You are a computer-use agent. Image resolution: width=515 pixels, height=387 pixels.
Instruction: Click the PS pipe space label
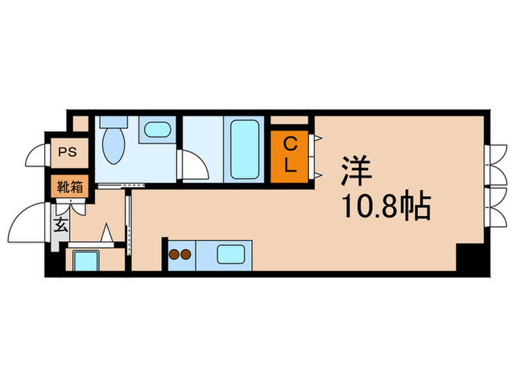click(68, 153)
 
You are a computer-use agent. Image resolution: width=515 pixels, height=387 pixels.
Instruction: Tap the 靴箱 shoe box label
click(68, 186)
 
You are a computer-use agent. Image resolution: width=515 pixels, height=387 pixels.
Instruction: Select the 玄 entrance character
click(60, 226)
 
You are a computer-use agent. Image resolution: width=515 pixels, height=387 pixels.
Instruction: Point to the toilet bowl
click(113, 148)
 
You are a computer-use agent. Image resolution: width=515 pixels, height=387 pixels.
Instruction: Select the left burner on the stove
click(176, 256)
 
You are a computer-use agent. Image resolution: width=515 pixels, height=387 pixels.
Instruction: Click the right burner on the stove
click(187, 256)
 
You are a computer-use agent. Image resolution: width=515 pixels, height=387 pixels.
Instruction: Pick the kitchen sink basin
click(234, 255)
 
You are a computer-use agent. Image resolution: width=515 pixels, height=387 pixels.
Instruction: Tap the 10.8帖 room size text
click(384, 209)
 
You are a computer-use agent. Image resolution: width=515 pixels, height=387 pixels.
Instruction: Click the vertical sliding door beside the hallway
click(129, 221)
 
